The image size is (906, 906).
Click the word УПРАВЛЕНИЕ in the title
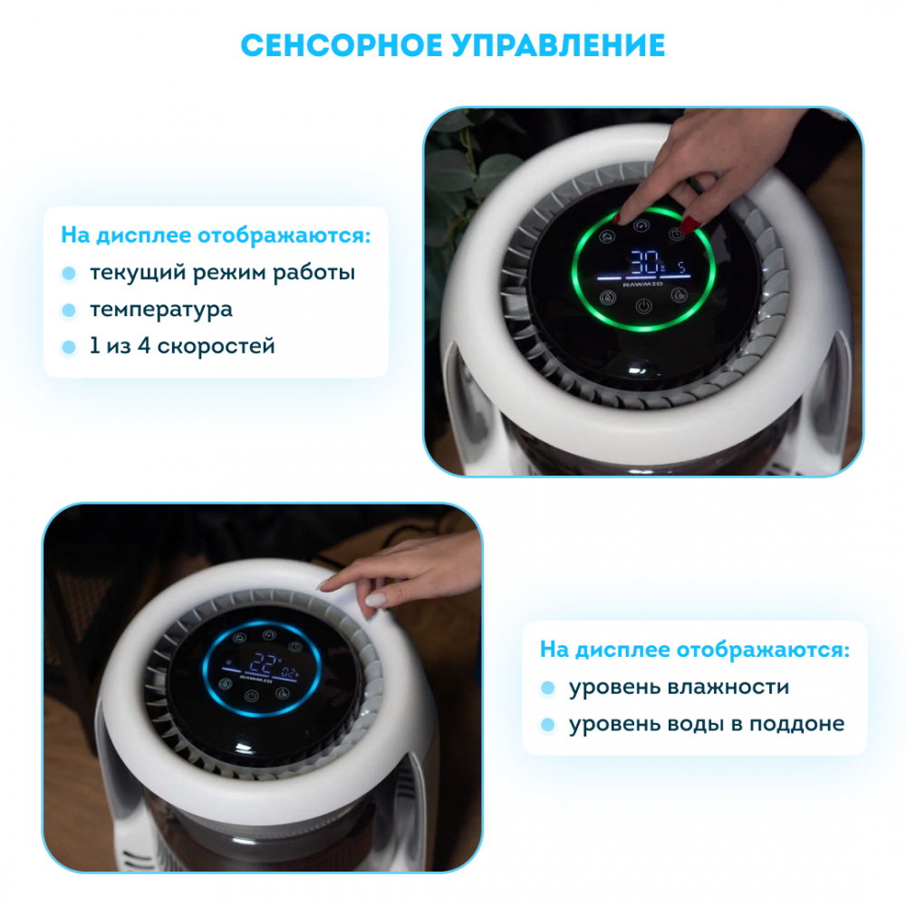point(559,45)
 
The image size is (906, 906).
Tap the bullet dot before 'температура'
point(69,310)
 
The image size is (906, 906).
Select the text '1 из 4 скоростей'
point(182,345)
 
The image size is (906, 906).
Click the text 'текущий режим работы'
point(223,273)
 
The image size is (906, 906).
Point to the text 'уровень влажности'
point(679,687)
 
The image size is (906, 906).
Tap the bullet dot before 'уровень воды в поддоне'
point(548,725)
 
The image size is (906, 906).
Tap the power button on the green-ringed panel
point(643,306)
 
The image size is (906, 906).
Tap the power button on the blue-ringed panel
point(251,697)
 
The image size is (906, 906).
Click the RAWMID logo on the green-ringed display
point(642,284)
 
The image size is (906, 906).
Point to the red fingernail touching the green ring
point(617,218)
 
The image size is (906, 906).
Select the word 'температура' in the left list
point(161,310)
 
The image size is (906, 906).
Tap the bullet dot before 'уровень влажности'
point(548,689)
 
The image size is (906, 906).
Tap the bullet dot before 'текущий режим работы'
point(69,274)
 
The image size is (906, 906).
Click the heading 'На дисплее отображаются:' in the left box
point(216,236)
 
